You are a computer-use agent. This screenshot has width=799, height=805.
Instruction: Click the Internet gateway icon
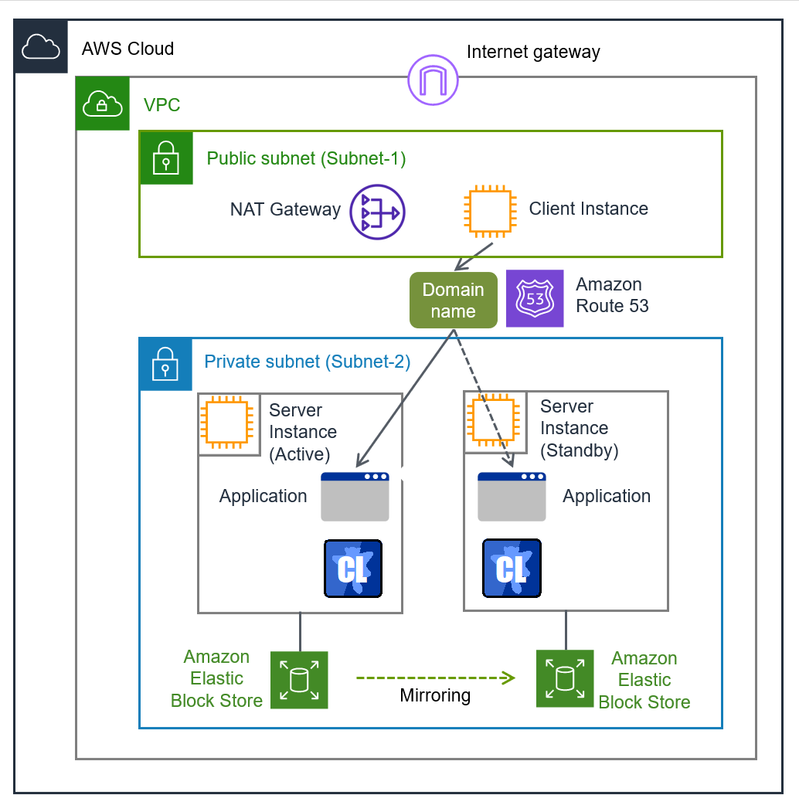click(x=433, y=80)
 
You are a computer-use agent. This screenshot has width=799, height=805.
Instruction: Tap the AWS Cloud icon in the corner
click(x=41, y=47)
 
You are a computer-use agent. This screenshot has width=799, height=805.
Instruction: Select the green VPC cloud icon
click(x=102, y=104)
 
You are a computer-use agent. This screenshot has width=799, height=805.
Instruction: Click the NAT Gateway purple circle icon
click(x=377, y=212)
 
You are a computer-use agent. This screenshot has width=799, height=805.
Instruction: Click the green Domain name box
click(x=454, y=300)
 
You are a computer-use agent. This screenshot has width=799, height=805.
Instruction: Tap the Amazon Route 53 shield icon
click(x=535, y=298)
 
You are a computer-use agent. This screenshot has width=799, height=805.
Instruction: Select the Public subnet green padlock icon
click(x=166, y=158)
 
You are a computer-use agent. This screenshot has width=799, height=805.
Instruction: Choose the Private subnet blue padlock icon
click(x=165, y=364)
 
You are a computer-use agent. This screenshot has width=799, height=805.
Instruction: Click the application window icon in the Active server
click(x=355, y=497)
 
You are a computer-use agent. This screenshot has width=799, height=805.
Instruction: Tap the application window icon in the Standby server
click(x=512, y=497)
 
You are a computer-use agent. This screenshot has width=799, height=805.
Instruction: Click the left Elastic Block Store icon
click(x=299, y=680)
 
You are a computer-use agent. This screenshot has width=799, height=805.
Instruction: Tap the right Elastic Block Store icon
click(x=566, y=678)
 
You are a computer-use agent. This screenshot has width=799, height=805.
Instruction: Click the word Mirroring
click(x=435, y=696)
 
